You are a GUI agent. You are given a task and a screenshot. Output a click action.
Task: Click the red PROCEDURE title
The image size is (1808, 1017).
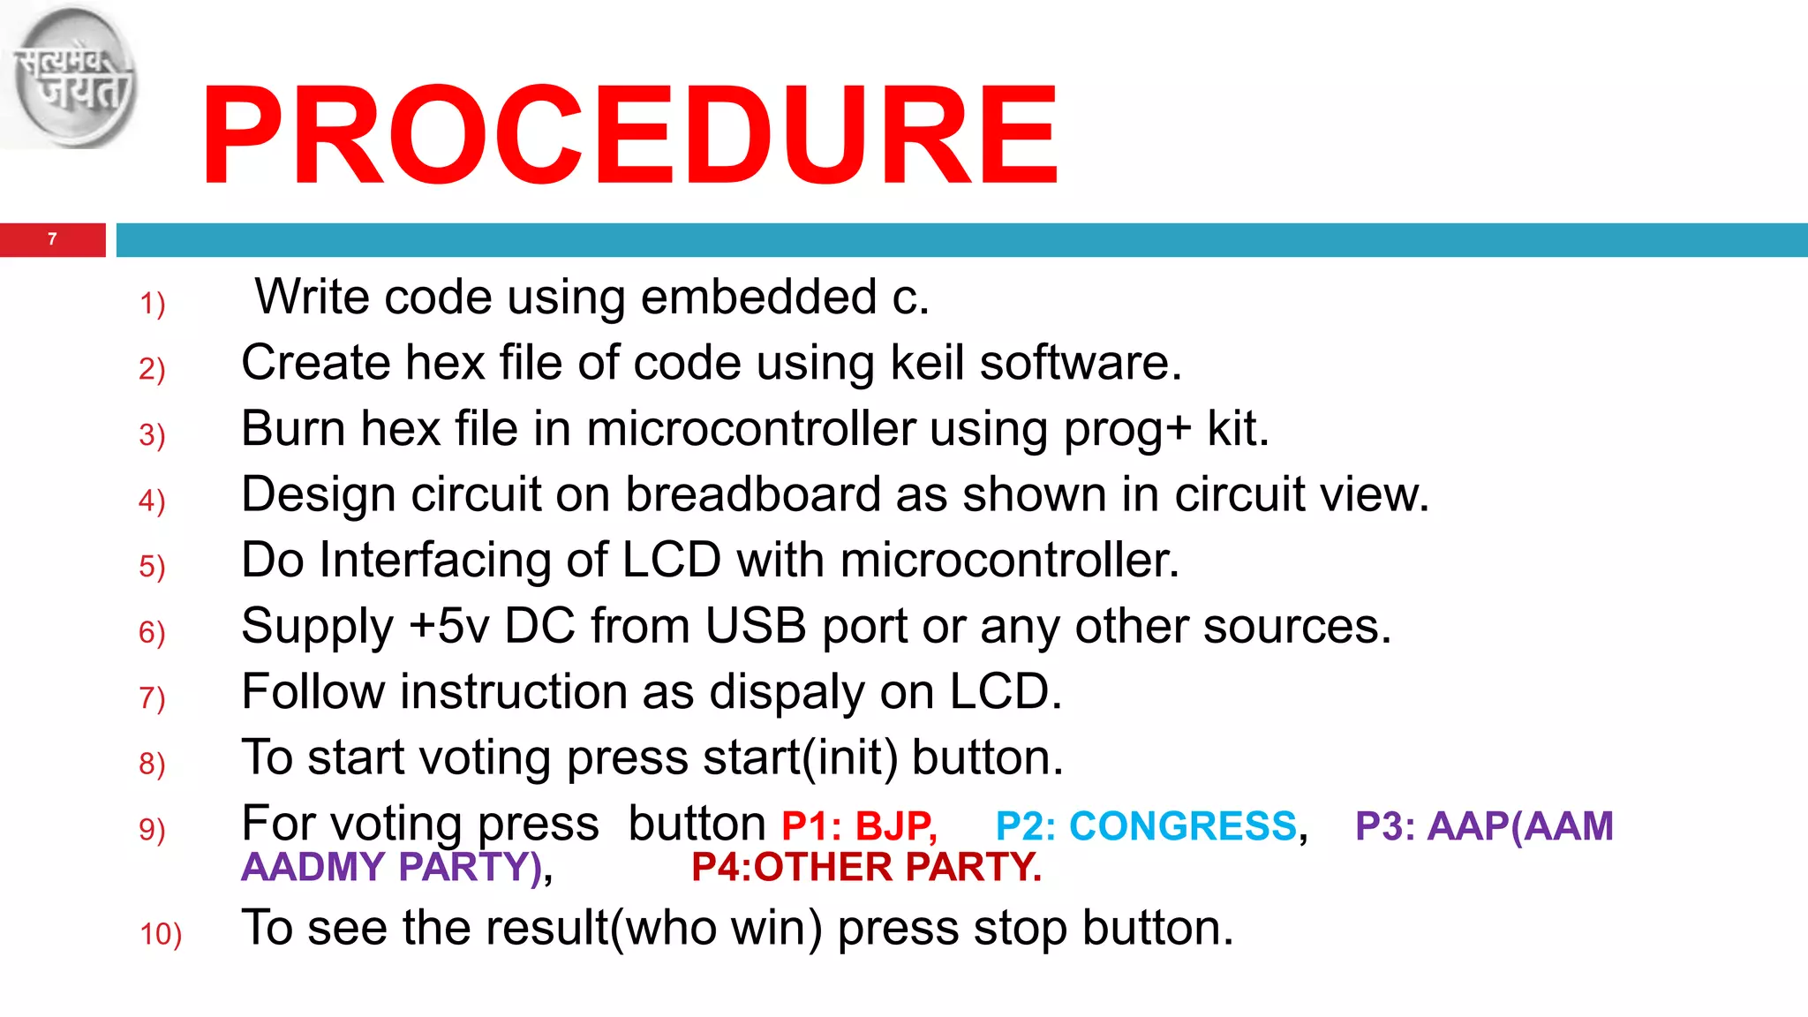pyautogui.click(x=629, y=134)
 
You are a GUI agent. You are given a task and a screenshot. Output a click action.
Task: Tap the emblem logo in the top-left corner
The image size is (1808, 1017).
pyautogui.click(x=71, y=78)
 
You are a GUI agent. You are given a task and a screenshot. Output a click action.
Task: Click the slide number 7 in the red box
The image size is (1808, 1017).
pyautogui.click(x=52, y=239)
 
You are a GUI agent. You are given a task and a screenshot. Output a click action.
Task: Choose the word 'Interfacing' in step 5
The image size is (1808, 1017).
pyautogui.click(x=463, y=561)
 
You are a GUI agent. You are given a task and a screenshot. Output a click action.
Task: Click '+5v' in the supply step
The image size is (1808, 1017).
pyautogui.click(x=448, y=627)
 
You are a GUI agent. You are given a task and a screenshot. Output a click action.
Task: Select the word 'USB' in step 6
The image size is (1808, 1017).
pyautogui.click(x=756, y=626)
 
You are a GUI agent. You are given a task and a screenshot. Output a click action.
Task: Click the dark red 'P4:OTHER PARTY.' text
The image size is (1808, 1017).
pyautogui.click(x=866, y=867)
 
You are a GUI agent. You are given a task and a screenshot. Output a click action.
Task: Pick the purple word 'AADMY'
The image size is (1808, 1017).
pyautogui.click(x=313, y=867)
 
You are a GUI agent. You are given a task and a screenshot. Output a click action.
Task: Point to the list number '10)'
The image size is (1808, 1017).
pyautogui.click(x=161, y=934)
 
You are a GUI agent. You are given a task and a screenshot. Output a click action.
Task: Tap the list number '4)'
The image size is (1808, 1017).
pyautogui.click(x=152, y=501)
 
